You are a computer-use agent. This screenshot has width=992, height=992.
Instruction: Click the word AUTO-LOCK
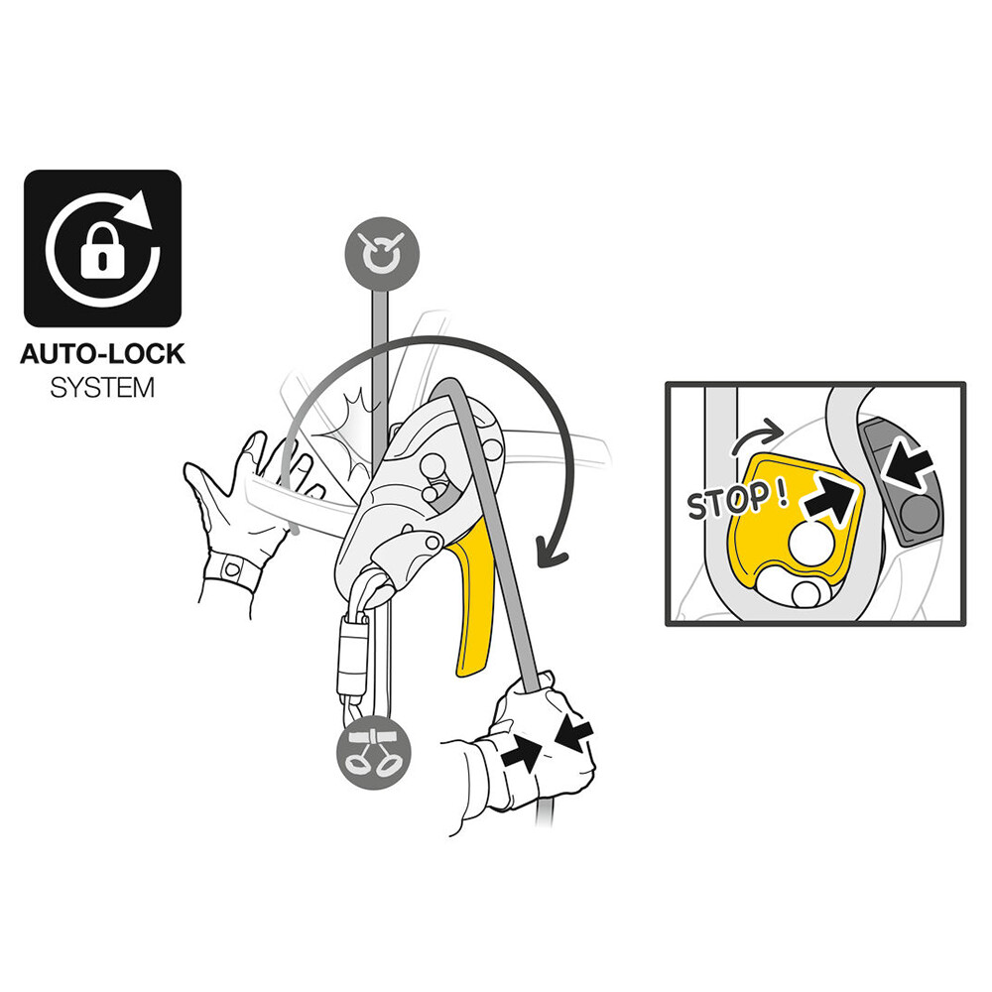click(102, 354)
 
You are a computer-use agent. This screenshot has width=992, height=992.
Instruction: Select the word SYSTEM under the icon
click(102, 388)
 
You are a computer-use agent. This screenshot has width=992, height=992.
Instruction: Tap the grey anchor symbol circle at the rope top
click(382, 254)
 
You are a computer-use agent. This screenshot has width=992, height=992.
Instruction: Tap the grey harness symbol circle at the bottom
click(374, 753)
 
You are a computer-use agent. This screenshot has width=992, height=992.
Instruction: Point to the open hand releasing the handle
click(247, 506)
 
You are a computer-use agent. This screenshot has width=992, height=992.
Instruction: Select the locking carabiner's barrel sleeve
click(353, 655)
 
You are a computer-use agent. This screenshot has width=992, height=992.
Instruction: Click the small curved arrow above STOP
click(757, 435)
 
